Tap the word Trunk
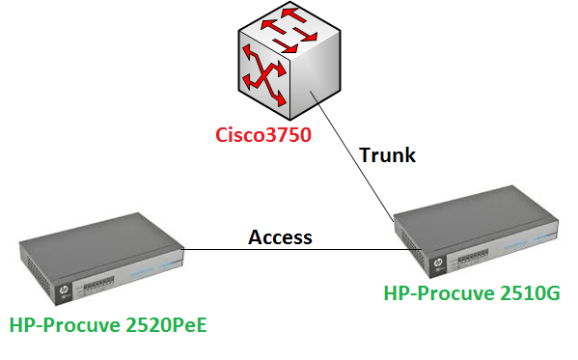point(387,154)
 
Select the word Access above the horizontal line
point(281,236)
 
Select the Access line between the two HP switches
point(289,250)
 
